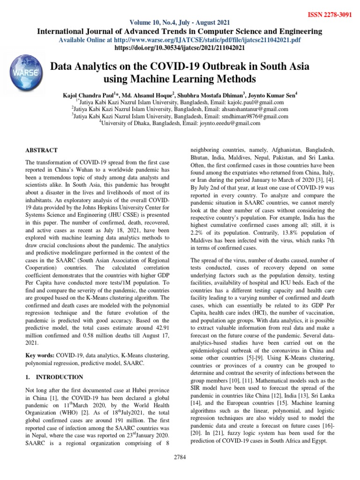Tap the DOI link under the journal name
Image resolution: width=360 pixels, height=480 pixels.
point(180,48)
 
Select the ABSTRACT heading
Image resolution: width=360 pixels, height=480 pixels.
point(41,150)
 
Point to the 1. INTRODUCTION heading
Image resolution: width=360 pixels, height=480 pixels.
point(54,377)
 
